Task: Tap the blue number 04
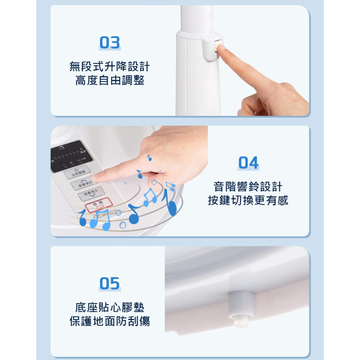point(248,163)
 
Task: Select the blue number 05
point(110,283)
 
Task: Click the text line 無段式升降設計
point(110,67)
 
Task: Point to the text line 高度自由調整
point(110,80)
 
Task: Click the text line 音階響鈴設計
point(248,187)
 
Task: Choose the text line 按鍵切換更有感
point(248,201)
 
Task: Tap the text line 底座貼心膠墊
point(110,307)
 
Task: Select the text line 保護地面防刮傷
point(110,321)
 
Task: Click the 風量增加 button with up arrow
point(84,184)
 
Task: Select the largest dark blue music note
point(170,204)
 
